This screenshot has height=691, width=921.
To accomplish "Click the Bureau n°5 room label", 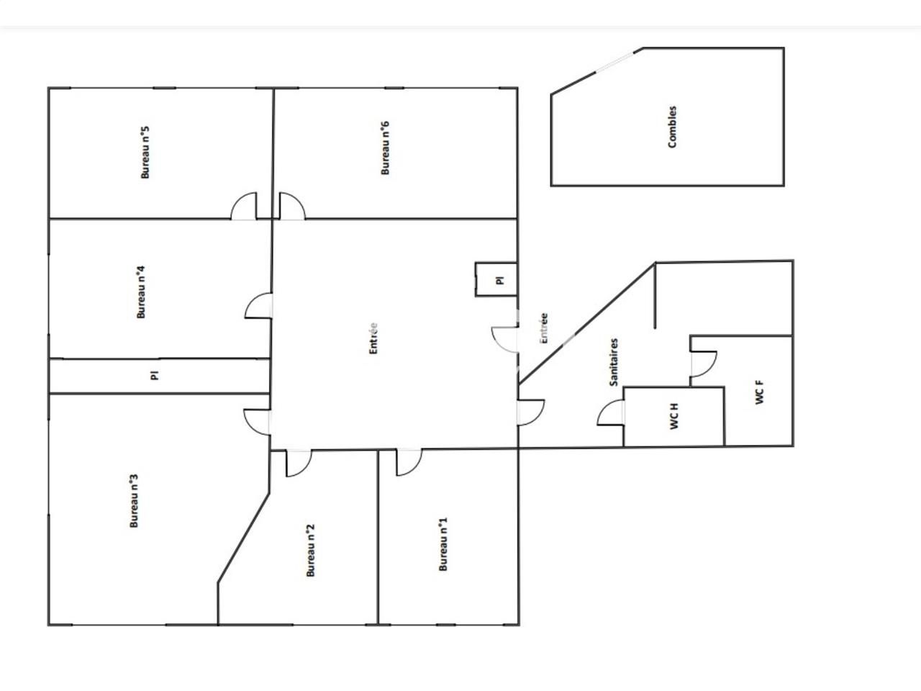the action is point(145,153).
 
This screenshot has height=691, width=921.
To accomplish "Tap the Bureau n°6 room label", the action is point(385,148).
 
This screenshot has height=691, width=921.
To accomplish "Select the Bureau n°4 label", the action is point(142,292).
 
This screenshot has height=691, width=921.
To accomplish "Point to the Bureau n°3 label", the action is point(134,501).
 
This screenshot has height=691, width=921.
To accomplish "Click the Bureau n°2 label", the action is point(311,550).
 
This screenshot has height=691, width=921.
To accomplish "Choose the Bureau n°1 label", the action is point(443,544).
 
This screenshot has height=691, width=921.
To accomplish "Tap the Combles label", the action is point(672,127).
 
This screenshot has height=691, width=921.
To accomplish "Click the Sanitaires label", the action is point(614,362).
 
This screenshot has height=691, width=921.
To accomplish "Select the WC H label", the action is point(674,417).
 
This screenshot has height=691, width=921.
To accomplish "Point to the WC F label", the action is point(760,392).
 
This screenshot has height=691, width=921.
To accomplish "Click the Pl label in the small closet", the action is point(501,280).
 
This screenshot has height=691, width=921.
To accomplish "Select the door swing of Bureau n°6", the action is point(291,207).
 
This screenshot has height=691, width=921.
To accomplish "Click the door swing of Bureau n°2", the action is point(298,462).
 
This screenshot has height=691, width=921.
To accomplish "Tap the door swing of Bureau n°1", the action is point(409,462).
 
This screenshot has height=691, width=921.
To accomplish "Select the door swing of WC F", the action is point(703,363).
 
